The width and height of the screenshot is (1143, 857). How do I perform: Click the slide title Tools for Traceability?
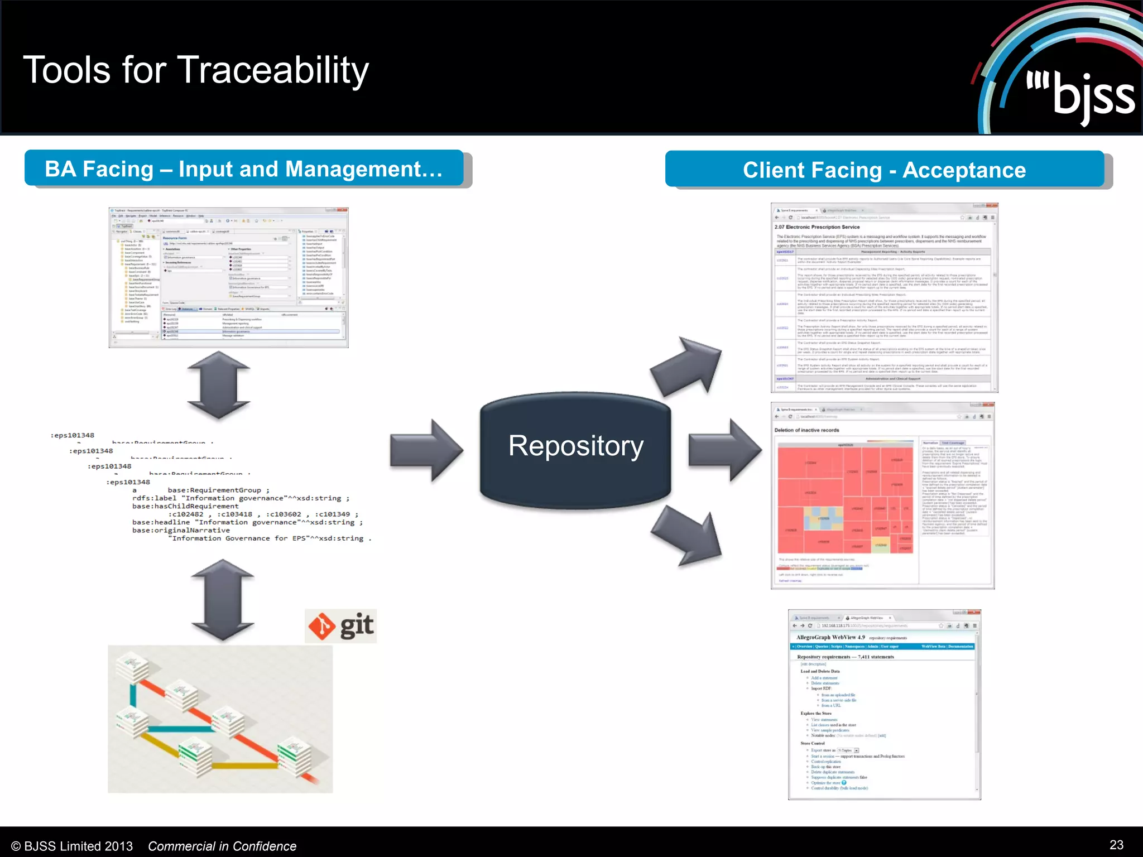(x=196, y=70)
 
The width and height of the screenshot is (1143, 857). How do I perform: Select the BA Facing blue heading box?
(x=244, y=168)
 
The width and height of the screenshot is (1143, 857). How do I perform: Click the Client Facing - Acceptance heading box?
(x=885, y=170)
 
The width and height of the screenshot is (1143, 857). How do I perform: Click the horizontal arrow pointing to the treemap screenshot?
(x=724, y=450)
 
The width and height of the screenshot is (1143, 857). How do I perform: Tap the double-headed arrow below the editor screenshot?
(x=219, y=385)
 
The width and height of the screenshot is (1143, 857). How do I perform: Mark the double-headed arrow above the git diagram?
(x=222, y=600)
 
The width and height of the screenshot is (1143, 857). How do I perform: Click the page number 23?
(x=1116, y=845)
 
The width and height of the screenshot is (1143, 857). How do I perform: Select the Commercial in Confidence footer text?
(x=222, y=846)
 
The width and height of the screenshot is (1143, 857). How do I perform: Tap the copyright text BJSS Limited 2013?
(x=72, y=846)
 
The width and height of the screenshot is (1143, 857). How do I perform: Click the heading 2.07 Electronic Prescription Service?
(x=817, y=227)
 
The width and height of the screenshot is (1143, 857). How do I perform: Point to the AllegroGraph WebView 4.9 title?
(x=830, y=637)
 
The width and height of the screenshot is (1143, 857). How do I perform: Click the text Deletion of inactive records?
(x=806, y=430)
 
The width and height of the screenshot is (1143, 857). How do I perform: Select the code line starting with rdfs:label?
(x=241, y=498)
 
